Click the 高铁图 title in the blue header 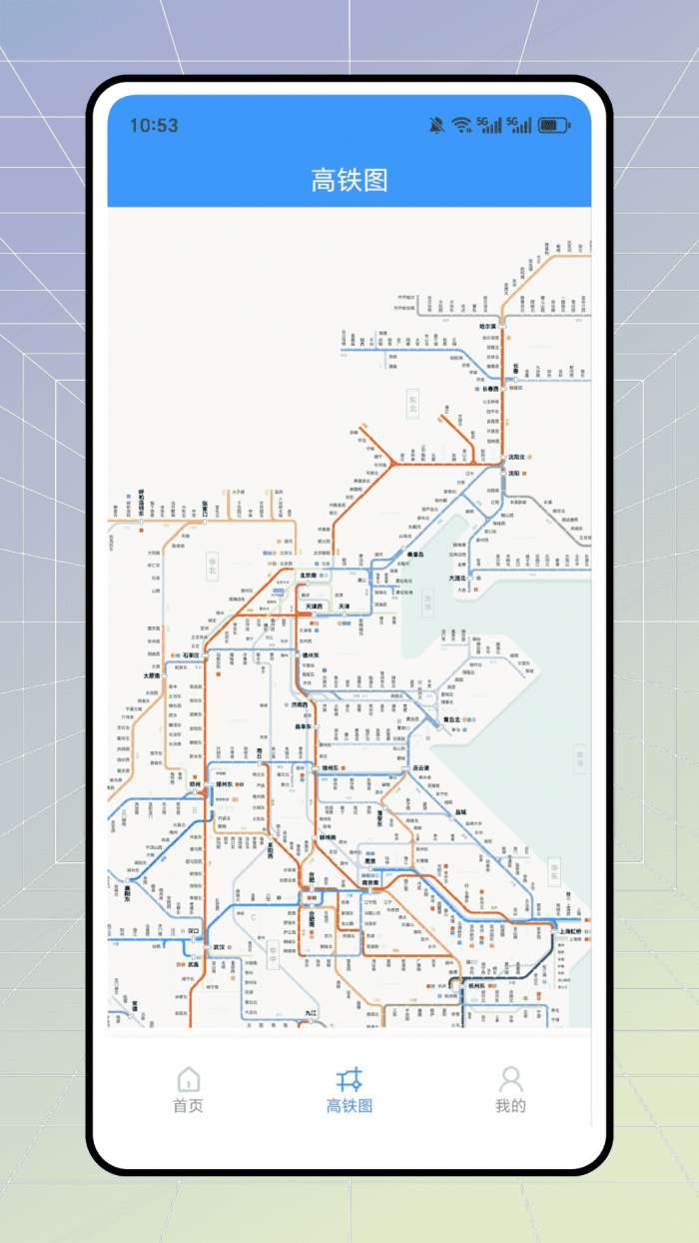(x=349, y=181)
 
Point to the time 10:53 (x=154, y=125)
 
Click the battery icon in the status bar (x=554, y=125)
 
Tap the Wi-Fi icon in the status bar (x=460, y=125)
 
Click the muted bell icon (x=436, y=125)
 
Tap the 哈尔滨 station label (x=488, y=326)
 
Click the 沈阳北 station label (x=516, y=457)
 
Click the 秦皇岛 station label (x=414, y=554)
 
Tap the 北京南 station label (x=309, y=576)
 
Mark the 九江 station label (x=312, y=1013)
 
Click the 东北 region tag (x=413, y=403)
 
